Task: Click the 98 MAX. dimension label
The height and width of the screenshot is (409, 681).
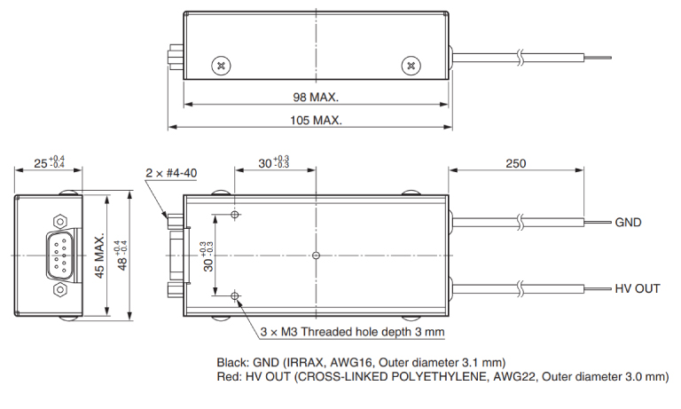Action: point(316,97)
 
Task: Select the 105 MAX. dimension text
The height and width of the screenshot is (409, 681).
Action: point(316,120)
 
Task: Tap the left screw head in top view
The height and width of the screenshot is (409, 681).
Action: point(221,66)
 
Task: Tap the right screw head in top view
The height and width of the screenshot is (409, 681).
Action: point(411,66)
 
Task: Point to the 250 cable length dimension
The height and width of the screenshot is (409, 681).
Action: point(515,163)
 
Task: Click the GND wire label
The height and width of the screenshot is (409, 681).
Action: point(628,223)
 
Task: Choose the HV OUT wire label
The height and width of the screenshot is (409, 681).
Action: point(638,288)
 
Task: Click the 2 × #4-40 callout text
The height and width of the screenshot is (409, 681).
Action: point(171,173)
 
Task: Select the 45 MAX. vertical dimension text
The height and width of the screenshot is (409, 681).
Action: point(99,256)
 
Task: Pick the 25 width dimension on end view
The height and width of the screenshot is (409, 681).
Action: point(50,162)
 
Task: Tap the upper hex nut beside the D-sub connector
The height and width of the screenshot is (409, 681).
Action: point(60,221)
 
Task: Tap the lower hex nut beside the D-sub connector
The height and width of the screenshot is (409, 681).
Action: point(60,289)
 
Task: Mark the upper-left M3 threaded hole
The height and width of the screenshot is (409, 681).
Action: point(235,215)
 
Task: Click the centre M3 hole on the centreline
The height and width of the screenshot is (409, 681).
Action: point(316,256)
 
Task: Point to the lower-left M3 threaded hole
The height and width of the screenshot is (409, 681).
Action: point(235,296)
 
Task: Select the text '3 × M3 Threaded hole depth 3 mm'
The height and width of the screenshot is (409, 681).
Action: point(352,332)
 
